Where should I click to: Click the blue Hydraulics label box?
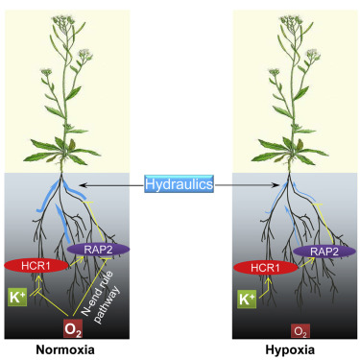click(180, 183)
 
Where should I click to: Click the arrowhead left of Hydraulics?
click(82, 183)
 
